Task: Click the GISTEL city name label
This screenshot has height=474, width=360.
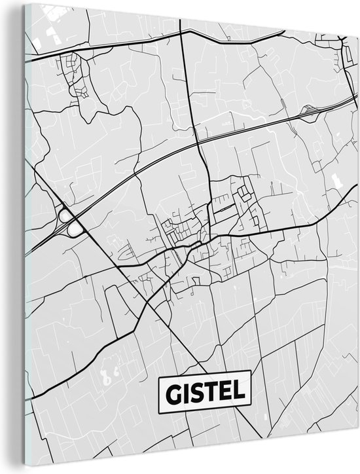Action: coord(204,393)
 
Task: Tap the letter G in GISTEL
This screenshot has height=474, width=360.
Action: coord(171,393)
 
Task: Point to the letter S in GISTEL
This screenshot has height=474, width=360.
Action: coord(196,393)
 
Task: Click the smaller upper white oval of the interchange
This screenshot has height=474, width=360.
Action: coord(65,215)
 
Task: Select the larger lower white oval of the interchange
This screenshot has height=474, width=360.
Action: coord(77,228)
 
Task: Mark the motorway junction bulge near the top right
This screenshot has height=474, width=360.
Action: coord(308,113)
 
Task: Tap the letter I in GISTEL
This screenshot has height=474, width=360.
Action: coord(185,393)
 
